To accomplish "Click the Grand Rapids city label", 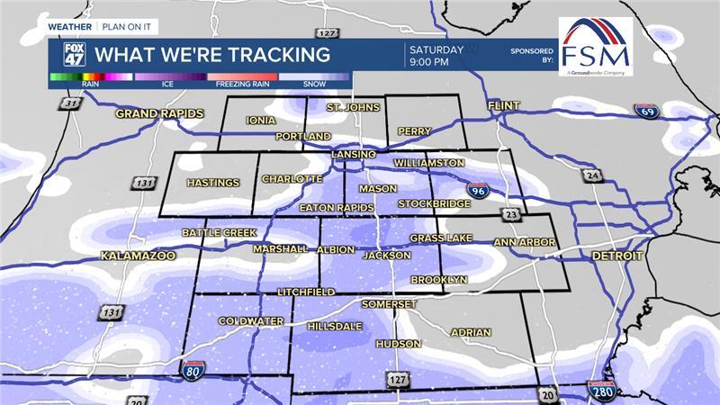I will (x=158, y=114).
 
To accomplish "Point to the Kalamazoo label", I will (x=137, y=256).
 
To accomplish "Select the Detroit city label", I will (x=617, y=256).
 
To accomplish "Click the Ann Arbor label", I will (x=524, y=242).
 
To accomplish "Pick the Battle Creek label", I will (x=219, y=232).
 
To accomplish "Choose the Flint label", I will (x=504, y=106).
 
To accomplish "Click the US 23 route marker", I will (x=512, y=215).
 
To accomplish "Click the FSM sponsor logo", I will (x=595, y=45).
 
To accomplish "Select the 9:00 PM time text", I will (x=428, y=63).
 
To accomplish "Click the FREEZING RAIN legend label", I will (x=241, y=85).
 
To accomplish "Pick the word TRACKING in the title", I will (x=280, y=55).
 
